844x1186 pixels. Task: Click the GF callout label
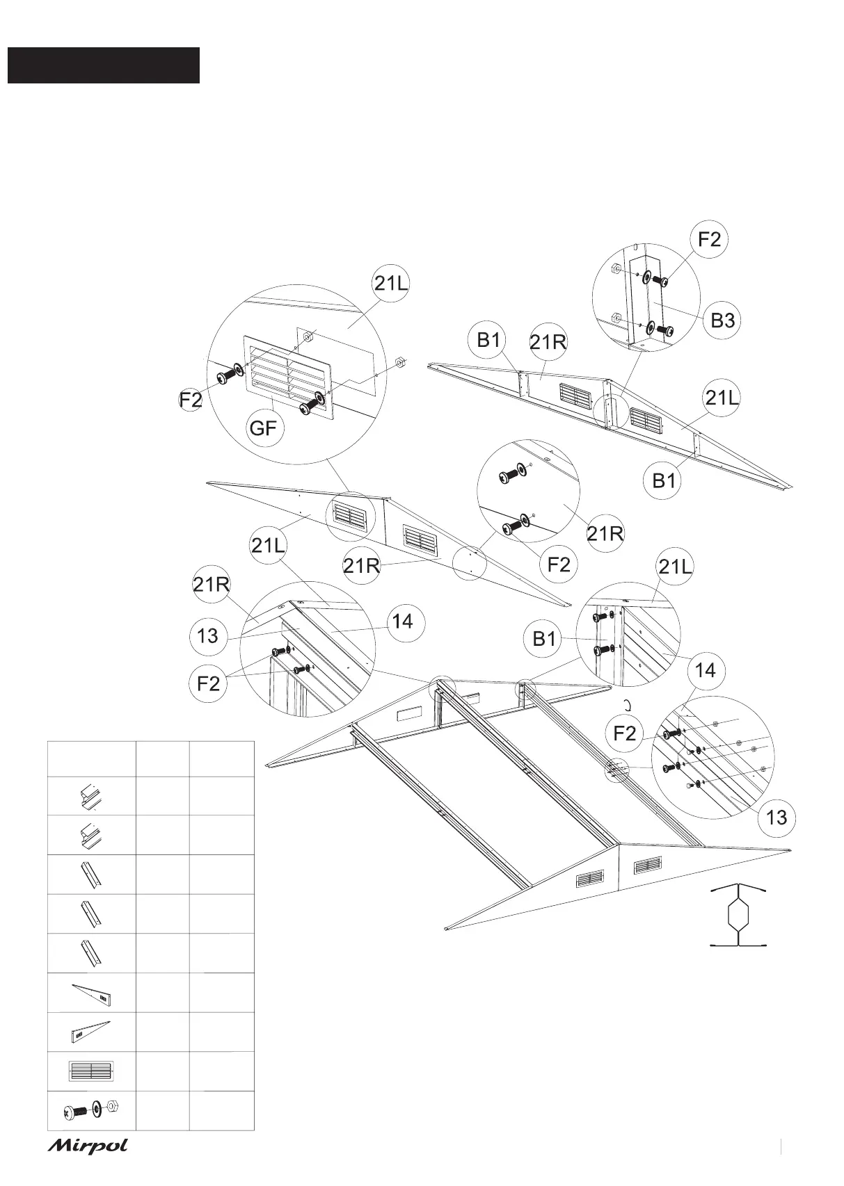click(x=264, y=428)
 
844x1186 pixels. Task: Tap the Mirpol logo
click(x=88, y=1146)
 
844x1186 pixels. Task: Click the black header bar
click(x=104, y=65)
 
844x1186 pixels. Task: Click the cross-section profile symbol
click(x=738, y=915)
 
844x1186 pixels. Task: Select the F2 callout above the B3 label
click(x=709, y=240)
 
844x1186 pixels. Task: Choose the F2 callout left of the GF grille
click(x=191, y=400)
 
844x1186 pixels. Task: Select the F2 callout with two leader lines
click(x=208, y=683)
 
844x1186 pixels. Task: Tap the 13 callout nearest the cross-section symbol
click(x=777, y=817)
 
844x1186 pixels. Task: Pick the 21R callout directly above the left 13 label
click(x=212, y=584)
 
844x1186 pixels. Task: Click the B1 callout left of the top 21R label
click(x=488, y=340)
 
